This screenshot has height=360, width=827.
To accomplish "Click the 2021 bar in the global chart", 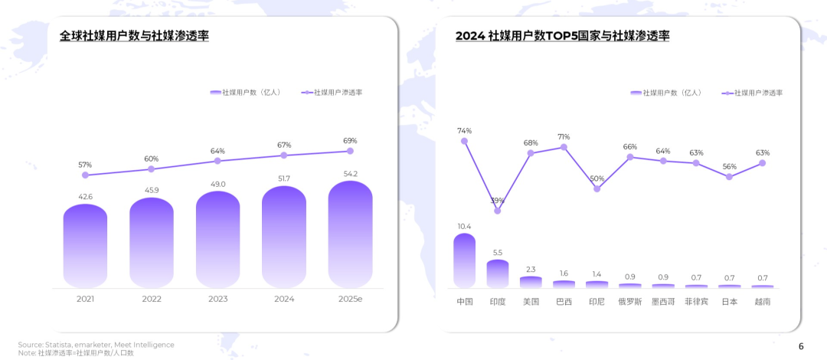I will click(x=85, y=247).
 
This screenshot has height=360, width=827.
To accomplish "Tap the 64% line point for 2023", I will click(x=217, y=161).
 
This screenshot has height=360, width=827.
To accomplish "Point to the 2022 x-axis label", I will click(x=152, y=299).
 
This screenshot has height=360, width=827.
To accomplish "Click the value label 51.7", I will click(x=284, y=178).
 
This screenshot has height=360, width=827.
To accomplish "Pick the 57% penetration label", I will click(x=85, y=165).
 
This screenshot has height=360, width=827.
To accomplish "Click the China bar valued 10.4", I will click(x=464, y=260).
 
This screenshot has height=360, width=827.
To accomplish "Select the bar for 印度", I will click(x=498, y=273).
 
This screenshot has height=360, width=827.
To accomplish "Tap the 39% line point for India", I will click(x=498, y=211).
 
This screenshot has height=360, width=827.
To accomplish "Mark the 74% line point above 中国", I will click(x=464, y=141).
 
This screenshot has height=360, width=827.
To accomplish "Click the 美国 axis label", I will click(x=531, y=302).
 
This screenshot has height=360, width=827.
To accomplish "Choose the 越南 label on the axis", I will click(x=763, y=302).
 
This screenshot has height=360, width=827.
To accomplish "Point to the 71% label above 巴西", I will click(x=564, y=136).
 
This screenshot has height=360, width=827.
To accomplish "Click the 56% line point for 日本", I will click(x=729, y=177).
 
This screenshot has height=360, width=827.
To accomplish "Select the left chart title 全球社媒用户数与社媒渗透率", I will click(x=135, y=35).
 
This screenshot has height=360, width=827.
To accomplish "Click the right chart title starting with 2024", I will click(x=562, y=35).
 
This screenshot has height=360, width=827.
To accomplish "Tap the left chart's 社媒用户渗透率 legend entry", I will click(x=333, y=92).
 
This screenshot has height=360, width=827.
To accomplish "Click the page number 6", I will click(x=801, y=346).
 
